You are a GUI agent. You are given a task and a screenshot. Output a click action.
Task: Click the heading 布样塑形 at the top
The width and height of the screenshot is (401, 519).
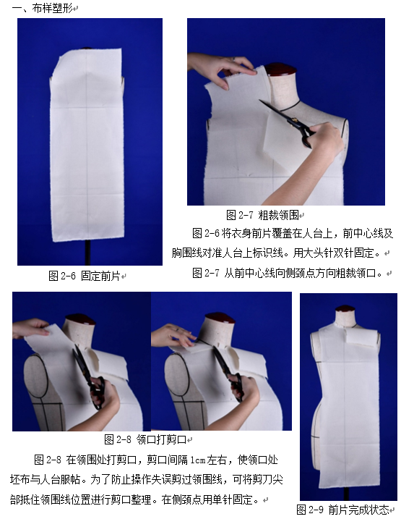(x=52, y=8)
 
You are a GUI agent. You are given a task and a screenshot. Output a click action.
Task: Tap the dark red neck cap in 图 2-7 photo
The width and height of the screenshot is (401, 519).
(x=281, y=69)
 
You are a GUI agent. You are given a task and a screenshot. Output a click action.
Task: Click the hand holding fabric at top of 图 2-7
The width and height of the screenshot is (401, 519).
(x=221, y=69)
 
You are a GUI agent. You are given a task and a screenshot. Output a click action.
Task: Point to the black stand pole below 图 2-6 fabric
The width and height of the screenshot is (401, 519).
(x=87, y=252)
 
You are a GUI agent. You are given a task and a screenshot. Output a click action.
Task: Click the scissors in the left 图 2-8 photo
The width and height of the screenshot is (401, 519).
(x=90, y=377)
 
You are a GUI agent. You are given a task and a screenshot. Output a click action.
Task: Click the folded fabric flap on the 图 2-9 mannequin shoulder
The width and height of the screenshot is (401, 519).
(x=362, y=338)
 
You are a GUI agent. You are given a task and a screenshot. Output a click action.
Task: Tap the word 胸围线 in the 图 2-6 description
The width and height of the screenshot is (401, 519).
(x=186, y=253)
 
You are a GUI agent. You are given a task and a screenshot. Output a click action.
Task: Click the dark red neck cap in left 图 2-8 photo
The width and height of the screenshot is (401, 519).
(x=80, y=319)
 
